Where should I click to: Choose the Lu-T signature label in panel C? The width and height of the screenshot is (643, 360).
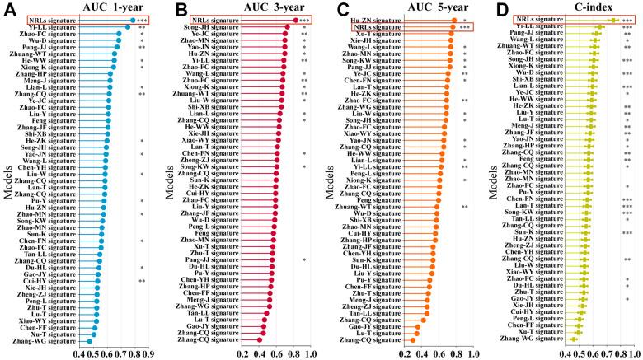pos(375,332)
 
